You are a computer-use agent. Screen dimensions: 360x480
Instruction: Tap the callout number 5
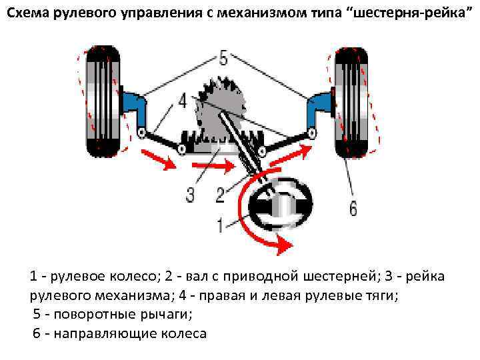click(223, 59)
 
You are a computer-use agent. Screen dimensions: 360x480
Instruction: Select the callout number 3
click(190, 195)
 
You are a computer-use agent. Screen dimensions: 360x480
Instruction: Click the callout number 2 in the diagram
click(220, 195)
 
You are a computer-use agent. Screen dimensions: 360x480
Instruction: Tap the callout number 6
click(353, 208)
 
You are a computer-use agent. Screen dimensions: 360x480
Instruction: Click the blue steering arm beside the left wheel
click(137, 107)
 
